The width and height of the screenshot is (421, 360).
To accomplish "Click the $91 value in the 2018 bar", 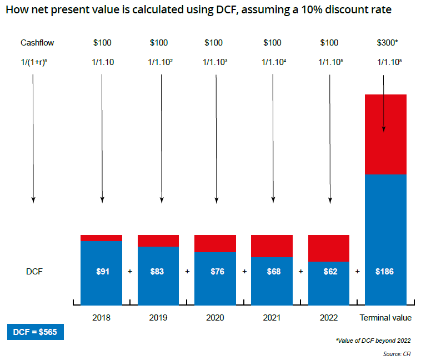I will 102,272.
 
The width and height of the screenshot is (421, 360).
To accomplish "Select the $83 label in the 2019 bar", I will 158,272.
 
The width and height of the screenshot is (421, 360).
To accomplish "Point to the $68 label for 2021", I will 272,272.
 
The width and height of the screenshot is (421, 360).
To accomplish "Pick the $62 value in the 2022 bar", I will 329,272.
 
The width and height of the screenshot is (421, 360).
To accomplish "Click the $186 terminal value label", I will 385,272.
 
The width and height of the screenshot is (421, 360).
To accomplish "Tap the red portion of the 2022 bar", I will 329,248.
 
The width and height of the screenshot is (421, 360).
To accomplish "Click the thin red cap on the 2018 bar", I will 102,238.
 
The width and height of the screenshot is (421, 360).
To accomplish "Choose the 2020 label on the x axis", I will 215,318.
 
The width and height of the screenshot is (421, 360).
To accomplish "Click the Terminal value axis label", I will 385,318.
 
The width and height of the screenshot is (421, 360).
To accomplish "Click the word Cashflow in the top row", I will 37,43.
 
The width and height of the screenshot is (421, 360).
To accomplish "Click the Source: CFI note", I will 396,353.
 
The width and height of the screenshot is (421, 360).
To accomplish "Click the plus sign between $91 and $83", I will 130,272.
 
